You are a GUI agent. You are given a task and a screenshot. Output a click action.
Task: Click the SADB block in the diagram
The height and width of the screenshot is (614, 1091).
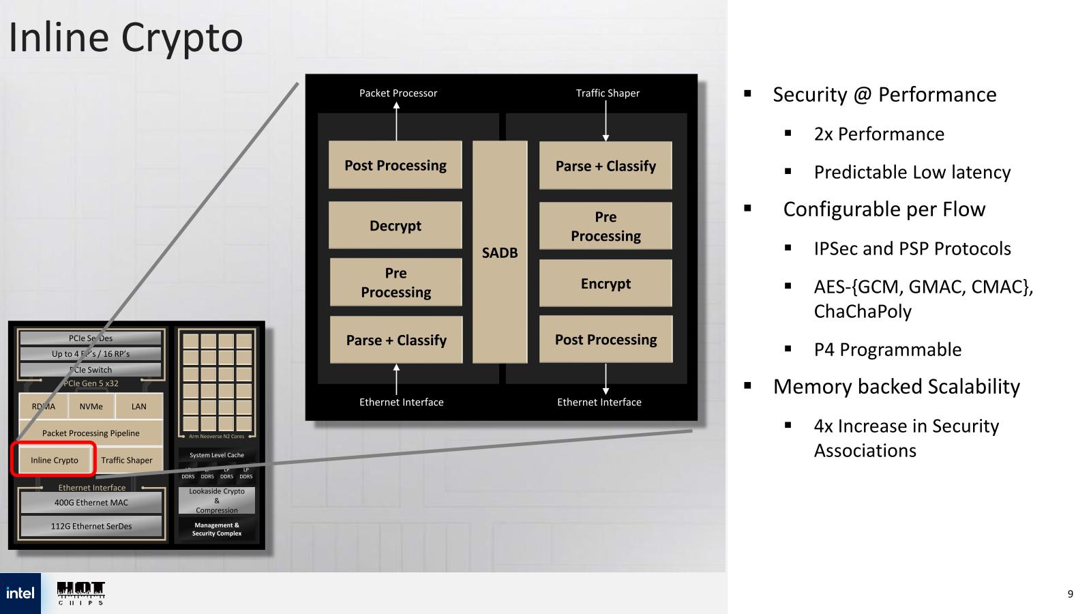point(500,252)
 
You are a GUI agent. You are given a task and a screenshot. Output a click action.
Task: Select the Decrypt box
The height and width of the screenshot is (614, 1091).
point(395,225)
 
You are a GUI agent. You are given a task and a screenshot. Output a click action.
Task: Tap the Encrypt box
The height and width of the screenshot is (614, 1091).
point(606,283)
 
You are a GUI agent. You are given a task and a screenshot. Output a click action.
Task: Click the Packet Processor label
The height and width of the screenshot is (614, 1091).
point(398,93)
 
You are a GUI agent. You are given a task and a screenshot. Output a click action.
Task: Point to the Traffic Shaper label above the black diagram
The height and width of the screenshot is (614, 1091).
point(608,93)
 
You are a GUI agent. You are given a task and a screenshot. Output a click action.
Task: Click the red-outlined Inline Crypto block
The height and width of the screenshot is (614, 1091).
point(54,460)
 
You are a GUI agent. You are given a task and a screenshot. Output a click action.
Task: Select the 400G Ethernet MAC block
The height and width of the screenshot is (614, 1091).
point(91,503)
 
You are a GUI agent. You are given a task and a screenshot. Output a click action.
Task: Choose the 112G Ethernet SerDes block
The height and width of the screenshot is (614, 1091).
point(91,526)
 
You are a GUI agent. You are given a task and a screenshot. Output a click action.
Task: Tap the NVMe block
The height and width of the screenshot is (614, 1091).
point(91,406)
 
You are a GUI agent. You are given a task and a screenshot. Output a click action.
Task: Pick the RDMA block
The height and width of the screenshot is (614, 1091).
point(44,406)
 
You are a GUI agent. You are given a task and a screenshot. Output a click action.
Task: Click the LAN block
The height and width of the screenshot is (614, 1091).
point(139,406)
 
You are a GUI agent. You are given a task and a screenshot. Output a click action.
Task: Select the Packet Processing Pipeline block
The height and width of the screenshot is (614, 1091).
point(91,433)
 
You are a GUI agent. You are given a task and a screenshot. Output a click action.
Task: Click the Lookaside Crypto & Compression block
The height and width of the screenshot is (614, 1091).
point(217,500)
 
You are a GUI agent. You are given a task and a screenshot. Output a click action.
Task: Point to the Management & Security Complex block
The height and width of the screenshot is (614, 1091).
point(217,529)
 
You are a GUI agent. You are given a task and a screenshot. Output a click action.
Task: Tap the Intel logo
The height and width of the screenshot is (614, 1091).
point(20,593)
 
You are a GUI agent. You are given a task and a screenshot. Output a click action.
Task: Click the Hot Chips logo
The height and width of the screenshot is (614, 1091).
point(81,593)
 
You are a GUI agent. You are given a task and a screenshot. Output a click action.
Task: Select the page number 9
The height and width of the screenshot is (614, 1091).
point(1070,594)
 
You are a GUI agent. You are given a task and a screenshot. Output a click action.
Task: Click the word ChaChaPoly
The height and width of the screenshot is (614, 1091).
point(863,311)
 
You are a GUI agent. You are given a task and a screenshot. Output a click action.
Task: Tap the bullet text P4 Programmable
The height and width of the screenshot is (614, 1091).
point(887,349)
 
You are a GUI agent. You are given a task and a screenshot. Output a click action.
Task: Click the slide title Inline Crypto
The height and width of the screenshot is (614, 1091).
point(126,38)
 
